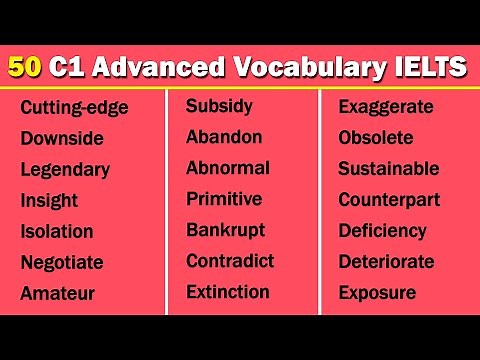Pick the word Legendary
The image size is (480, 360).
pos(64,170)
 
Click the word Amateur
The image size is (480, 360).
pos(57,293)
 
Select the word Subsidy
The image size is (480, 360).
pos(219,106)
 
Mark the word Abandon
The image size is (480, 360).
pos(224,137)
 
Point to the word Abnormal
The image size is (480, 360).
pos(228,168)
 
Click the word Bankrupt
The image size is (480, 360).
pos(225,230)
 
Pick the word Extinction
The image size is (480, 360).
pos(227,292)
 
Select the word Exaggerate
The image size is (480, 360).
pos(384,106)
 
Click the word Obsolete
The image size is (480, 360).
pos(375,137)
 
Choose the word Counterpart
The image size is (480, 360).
pos(388,199)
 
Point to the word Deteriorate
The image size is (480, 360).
pos(386,262)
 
